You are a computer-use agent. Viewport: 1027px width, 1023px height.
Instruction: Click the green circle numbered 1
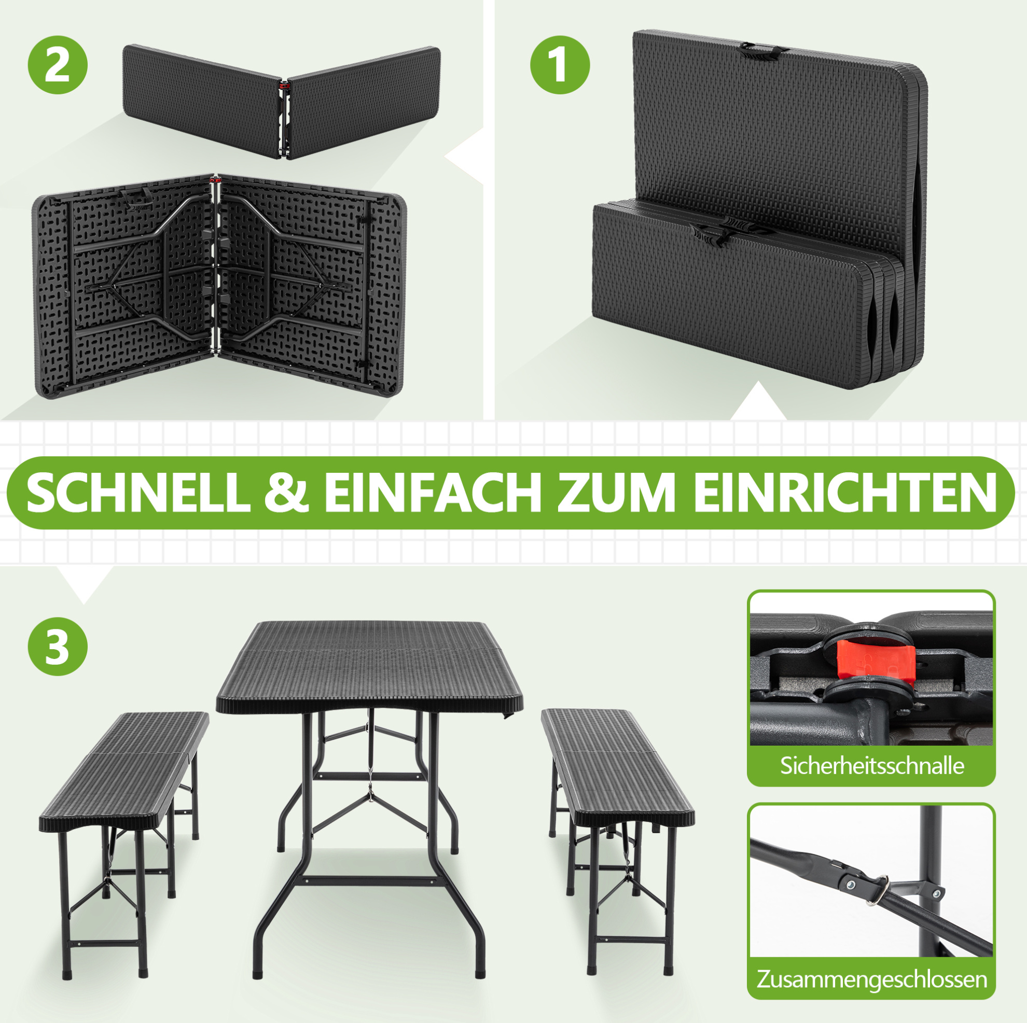click(560, 65)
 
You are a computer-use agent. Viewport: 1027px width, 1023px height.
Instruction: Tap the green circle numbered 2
click(58, 65)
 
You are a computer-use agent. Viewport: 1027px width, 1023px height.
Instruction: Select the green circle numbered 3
click(58, 647)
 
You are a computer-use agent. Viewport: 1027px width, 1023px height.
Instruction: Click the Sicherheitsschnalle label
click(872, 765)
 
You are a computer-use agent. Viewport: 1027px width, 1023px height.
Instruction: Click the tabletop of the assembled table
click(369, 667)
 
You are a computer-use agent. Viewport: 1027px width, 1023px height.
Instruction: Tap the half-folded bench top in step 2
click(282, 101)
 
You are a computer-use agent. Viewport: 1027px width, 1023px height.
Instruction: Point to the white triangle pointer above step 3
click(84, 583)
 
